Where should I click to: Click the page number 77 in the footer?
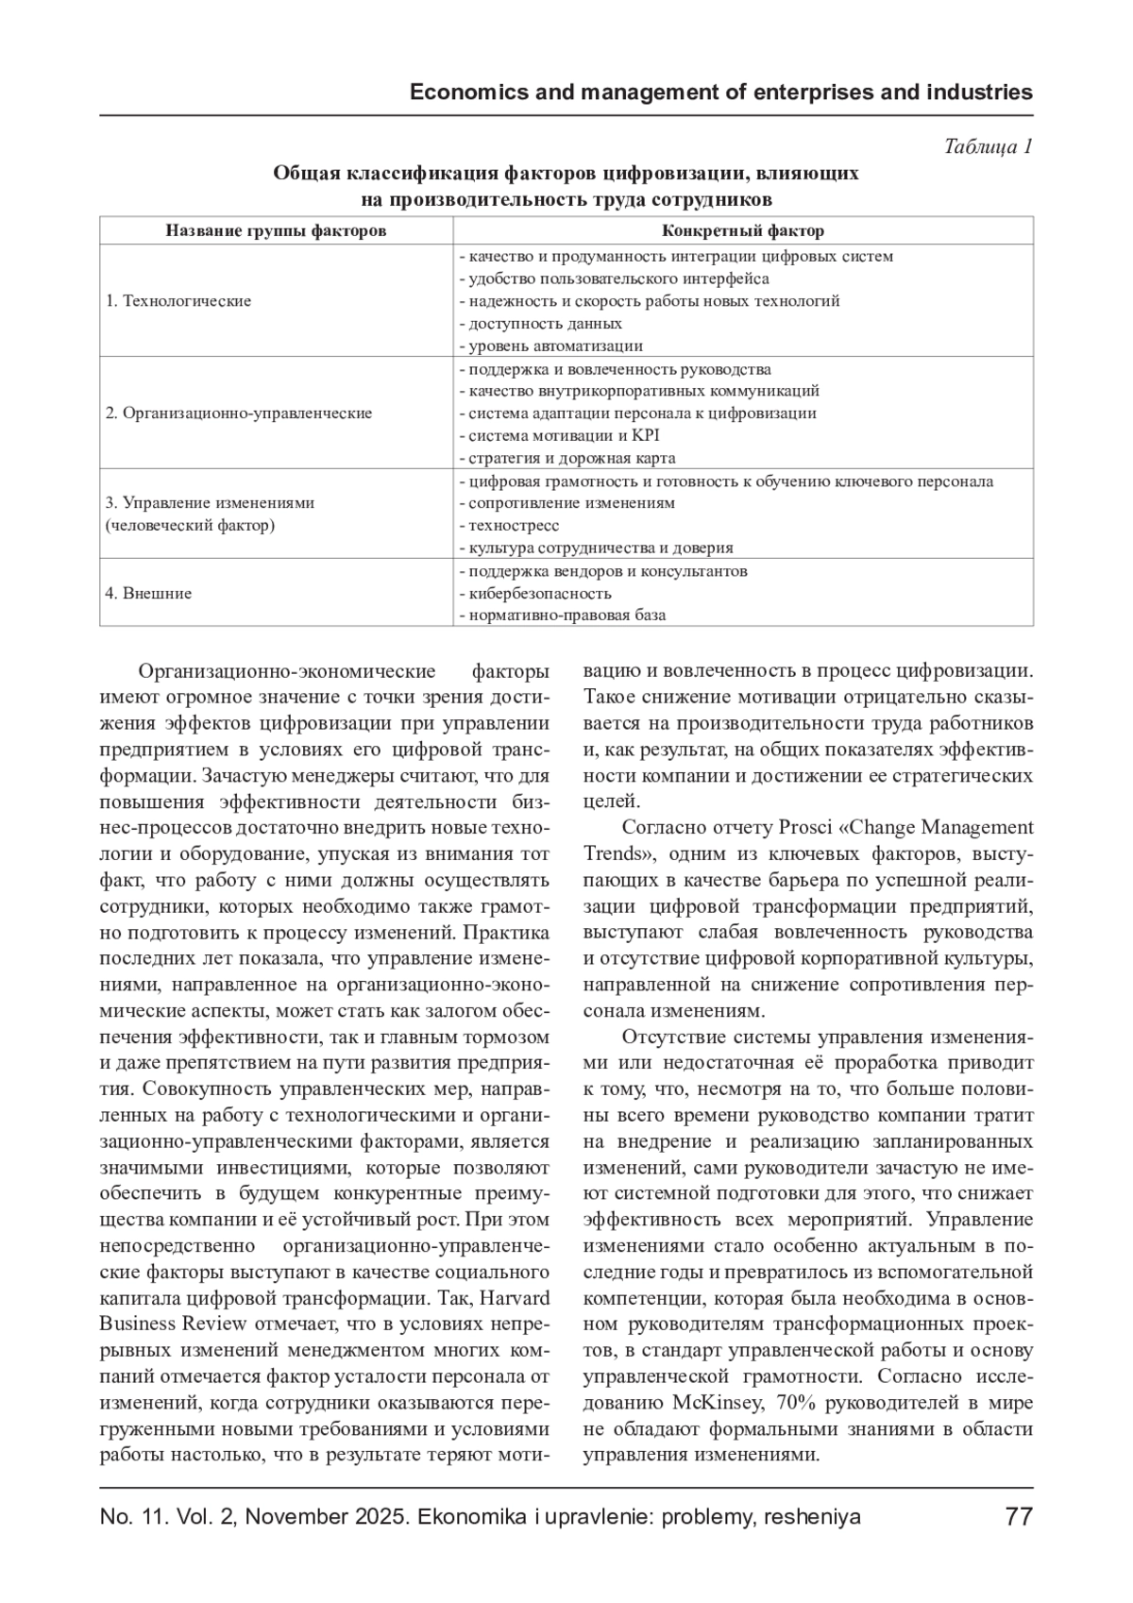[x=1019, y=1517]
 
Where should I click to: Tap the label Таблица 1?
[x=988, y=146]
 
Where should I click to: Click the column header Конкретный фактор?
[x=742, y=230]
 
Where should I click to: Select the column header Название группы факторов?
[x=276, y=230]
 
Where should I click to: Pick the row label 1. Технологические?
[x=178, y=301]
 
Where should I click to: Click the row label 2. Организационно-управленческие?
[x=239, y=413]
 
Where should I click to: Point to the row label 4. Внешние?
[x=148, y=593]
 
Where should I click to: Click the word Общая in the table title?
[x=304, y=173]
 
